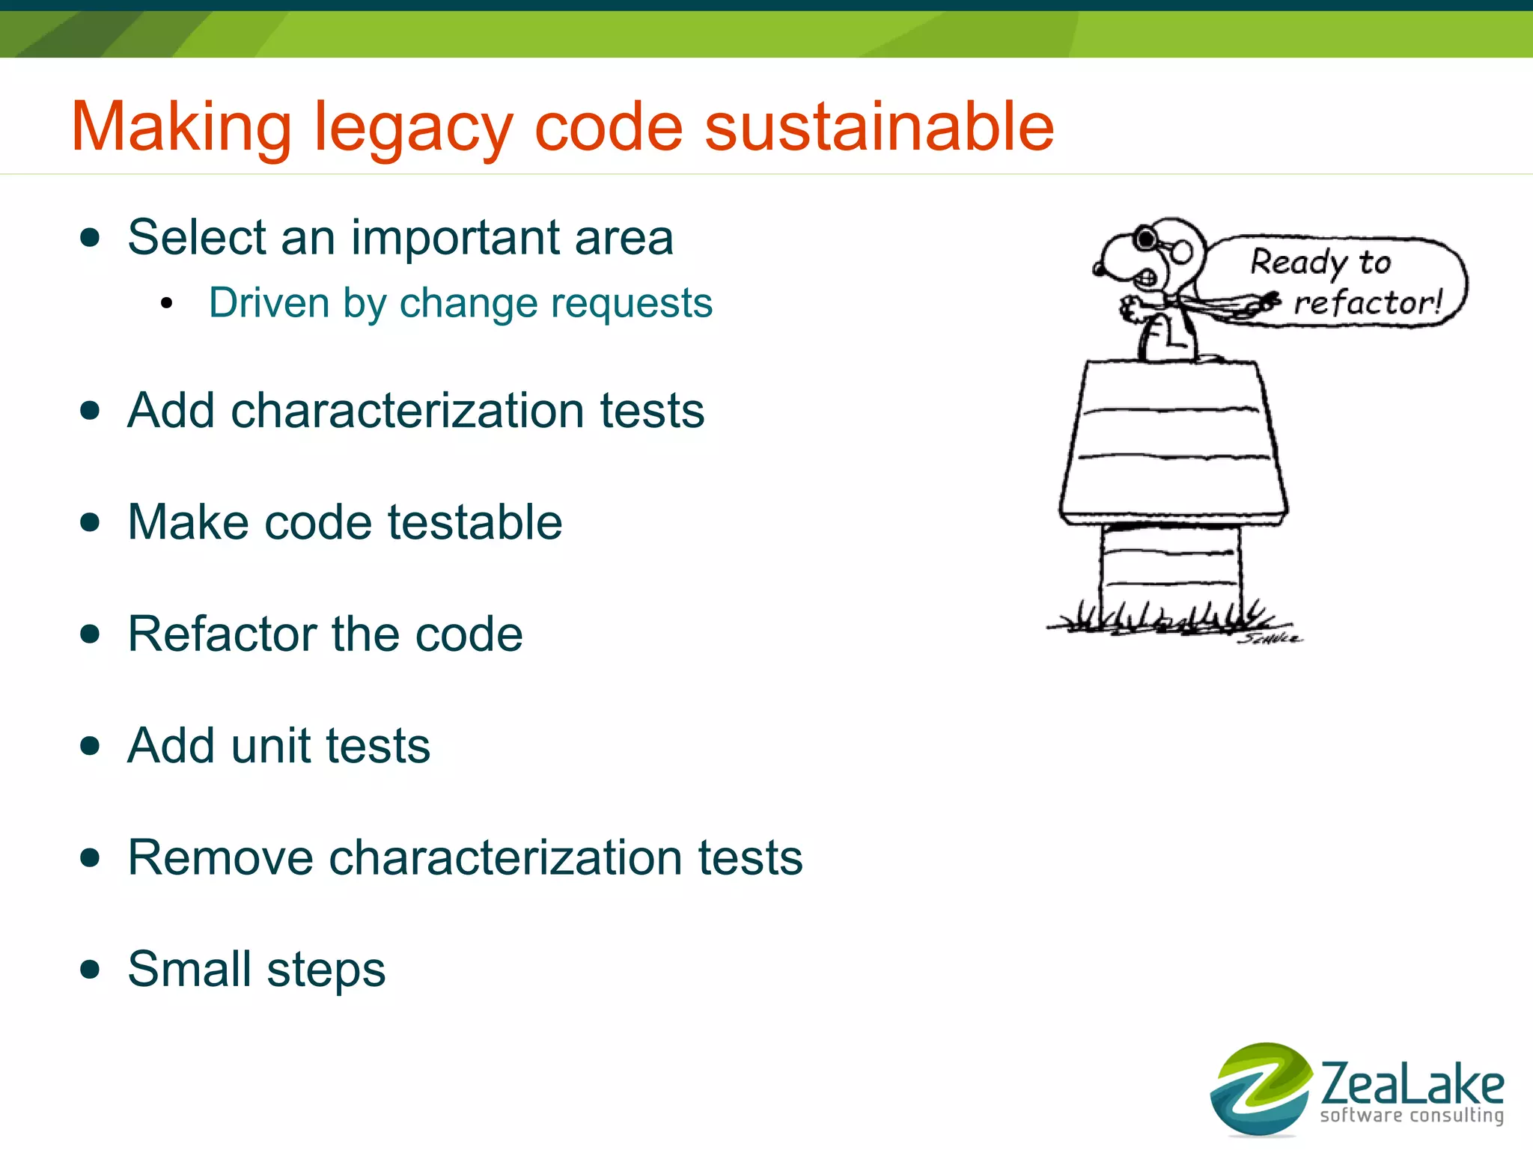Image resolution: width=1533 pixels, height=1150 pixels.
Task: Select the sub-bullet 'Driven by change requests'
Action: click(460, 303)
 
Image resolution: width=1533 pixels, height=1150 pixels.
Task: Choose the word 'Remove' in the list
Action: click(220, 857)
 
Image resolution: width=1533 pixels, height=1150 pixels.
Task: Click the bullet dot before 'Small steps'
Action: click(90, 970)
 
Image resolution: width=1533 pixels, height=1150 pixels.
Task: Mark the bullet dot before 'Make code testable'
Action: click(90, 522)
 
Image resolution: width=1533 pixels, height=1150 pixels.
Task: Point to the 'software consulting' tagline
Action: click(1412, 1116)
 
